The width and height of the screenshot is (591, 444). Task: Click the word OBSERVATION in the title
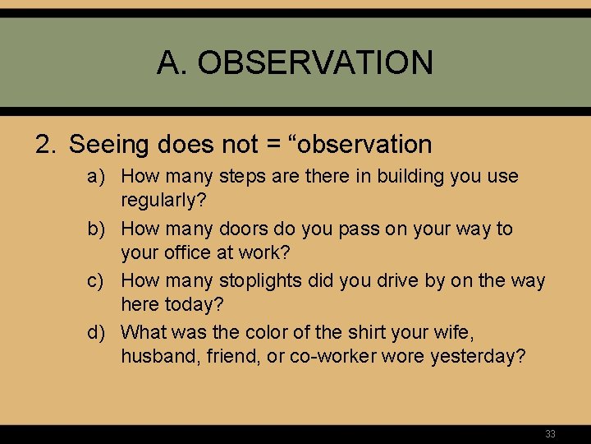[x=315, y=62]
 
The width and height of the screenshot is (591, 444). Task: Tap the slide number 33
[x=550, y=433]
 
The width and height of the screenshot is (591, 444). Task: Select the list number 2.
[x=46, y=145]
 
